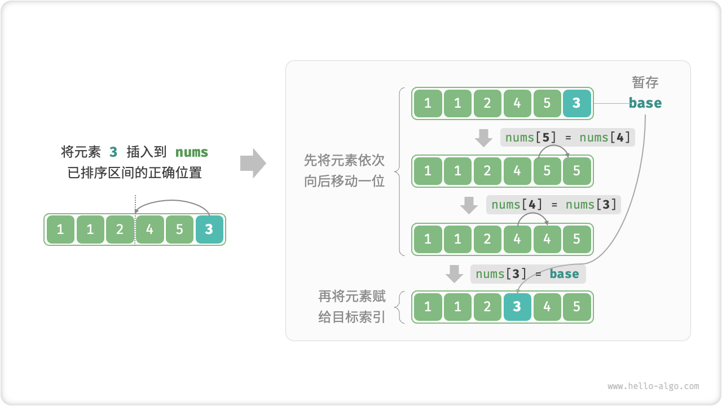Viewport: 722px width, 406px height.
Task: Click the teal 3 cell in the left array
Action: pyautogui.click(x=209, y=230)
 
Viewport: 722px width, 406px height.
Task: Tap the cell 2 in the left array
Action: pyautogui.click(x=120, y=230)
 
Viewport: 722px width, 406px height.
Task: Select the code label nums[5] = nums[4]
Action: pyautogui.click(x=567, y=137)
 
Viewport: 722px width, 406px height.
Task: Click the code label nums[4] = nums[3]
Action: pyautogui.click(x=553, y=205)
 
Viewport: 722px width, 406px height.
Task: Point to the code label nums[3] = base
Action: pyautogui.click(x=527, y=274)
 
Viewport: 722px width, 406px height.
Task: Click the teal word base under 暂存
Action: pyautogui.click(x=645, y=103)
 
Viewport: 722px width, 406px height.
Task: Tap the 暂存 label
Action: pyautogui.click(x=645, y=82)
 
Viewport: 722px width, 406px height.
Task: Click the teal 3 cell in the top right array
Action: pyautogui.click(x=576, y=103)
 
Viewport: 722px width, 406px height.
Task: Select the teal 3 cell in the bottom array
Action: pyautogui.click(x=517, y=307)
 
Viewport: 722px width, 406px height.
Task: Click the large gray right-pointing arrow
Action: pyautogui.click(x=253, y=164)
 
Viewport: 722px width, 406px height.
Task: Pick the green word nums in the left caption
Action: pyautogui.click(x=192, y=152)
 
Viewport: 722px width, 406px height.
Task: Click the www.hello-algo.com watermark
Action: pyautogui.click(x=653, y=386)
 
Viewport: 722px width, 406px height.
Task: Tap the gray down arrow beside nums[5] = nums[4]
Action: pyautogui.click(x=483, y=138)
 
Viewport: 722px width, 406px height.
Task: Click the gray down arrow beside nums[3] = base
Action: pyautogui.click(x=454, y=274)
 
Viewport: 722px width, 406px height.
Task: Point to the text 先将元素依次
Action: pyautogui.click(x=344, y=160)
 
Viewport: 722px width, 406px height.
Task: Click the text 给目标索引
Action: pyautogui.click(x=352, y=317)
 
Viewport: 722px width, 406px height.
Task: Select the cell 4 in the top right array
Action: pyautogui.click(x=517, y=103)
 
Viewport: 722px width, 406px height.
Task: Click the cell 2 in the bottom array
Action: pyautogui.click(x=487, y=307)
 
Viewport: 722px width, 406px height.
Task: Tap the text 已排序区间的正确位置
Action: pyautogui.click(x=135, y=173)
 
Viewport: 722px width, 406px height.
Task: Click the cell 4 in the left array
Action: pyautogui.click(x=149, y=230)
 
